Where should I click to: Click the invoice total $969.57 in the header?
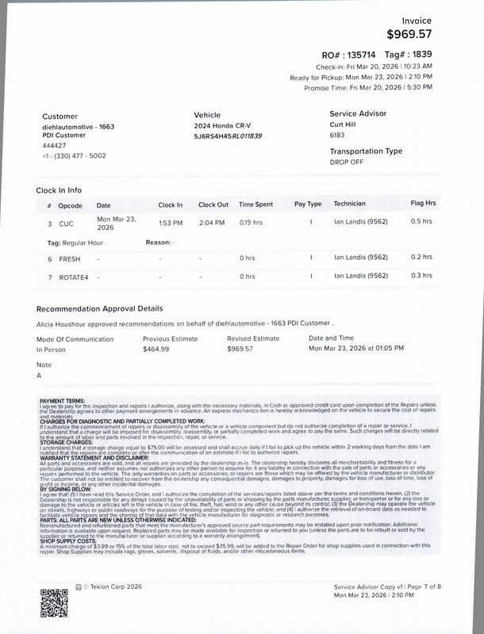pyautogui.click(x=421, y=34)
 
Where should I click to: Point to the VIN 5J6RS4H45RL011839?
pyautogui.click(x=228, y=136)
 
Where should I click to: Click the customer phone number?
pyautogui.click(x=77, y=156)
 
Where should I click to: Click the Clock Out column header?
pyautogui.click(x=213, y=204)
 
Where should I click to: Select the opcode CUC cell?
pyautogui.click(x=66, y=224)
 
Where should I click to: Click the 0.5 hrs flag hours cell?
pyautogui.click(x=421, y=221)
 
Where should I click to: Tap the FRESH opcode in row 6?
pyautogui.click(x=70, y=258)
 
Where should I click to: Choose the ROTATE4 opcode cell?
pyautogui.click(x=73, y=277)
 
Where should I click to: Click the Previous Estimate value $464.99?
pyautogui.click(x=156, y=349)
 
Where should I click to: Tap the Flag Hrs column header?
pyautogui.click(x=424, y=204)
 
